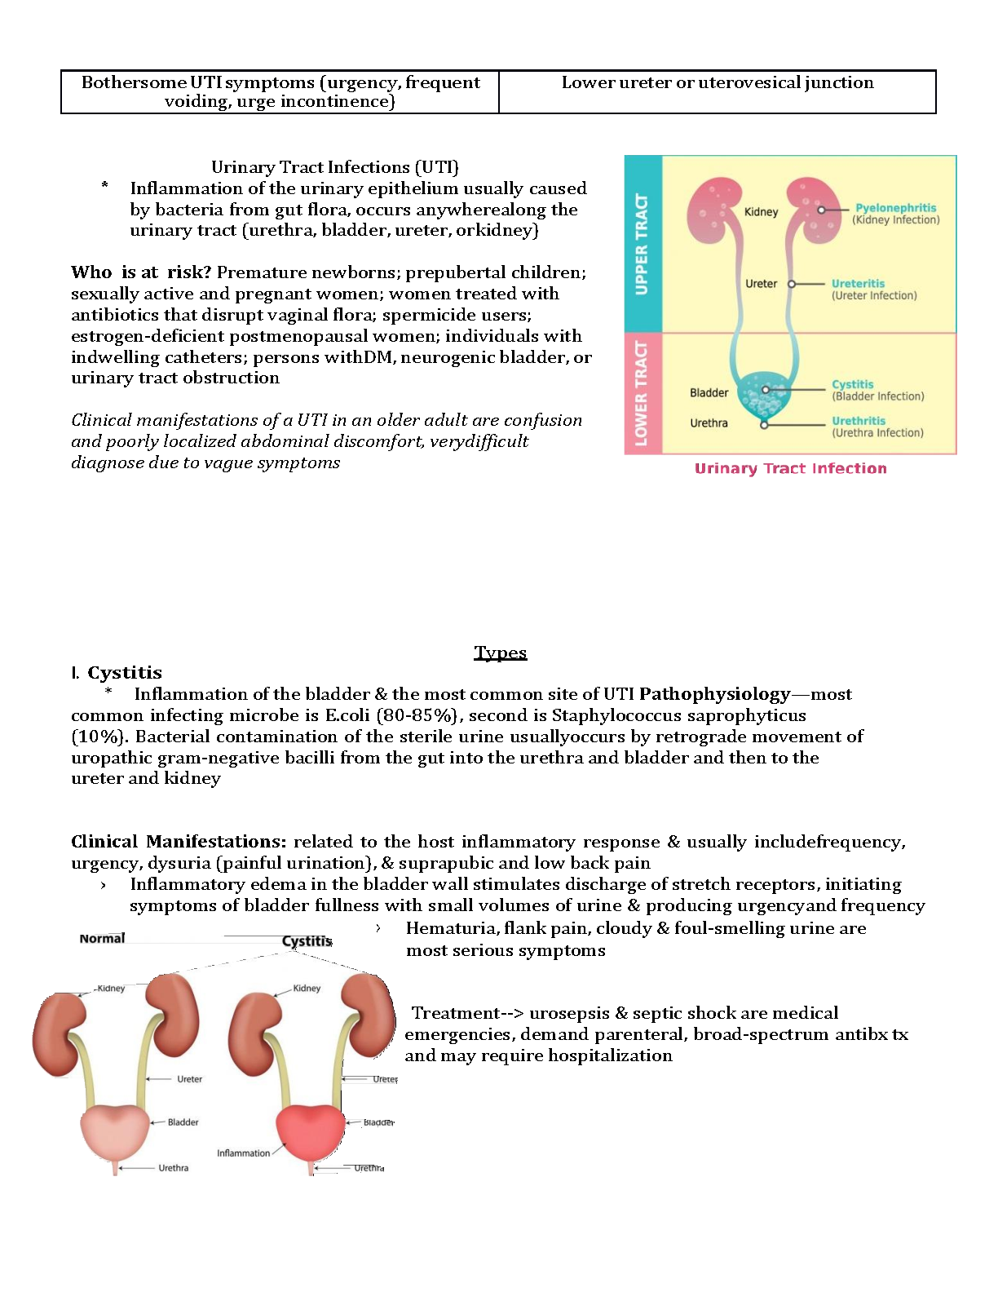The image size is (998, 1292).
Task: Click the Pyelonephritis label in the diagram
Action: [895, 208]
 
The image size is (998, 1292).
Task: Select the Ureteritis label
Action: [858, 284]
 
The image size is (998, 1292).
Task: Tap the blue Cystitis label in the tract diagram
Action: [852, 384]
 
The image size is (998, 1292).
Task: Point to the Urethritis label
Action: [858, 421]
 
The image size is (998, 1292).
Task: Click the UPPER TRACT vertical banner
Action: [643, 244]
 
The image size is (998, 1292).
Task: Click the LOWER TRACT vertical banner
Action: [643, 393]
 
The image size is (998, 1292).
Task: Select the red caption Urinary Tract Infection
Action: [790, 468]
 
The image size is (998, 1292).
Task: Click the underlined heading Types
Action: [500, 653]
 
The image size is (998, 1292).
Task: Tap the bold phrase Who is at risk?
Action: [140, 272]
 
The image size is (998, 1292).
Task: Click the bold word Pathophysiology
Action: [714, 694]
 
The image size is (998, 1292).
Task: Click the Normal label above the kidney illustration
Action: [102, 938]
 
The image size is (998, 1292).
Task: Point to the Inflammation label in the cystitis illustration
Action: [243, 1153]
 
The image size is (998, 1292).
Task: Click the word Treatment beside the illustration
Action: [455, 1013]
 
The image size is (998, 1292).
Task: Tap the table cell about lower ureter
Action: [717, 91]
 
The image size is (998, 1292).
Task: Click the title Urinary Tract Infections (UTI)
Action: [334, 167]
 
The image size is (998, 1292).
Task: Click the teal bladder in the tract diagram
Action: [764, 395]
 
